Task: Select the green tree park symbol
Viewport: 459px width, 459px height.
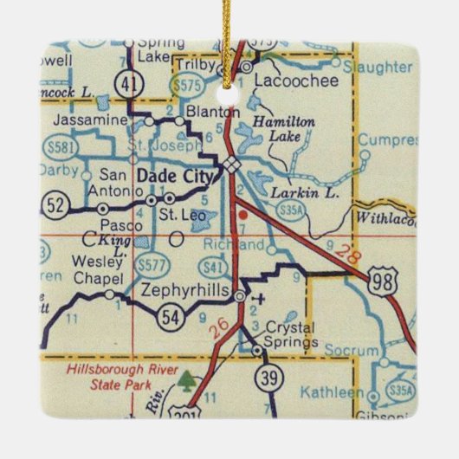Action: click(x=187, y=378)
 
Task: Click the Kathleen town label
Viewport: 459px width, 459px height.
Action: click(x=333, y=392)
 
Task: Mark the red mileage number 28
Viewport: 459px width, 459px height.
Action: click(x=346, y=253)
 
